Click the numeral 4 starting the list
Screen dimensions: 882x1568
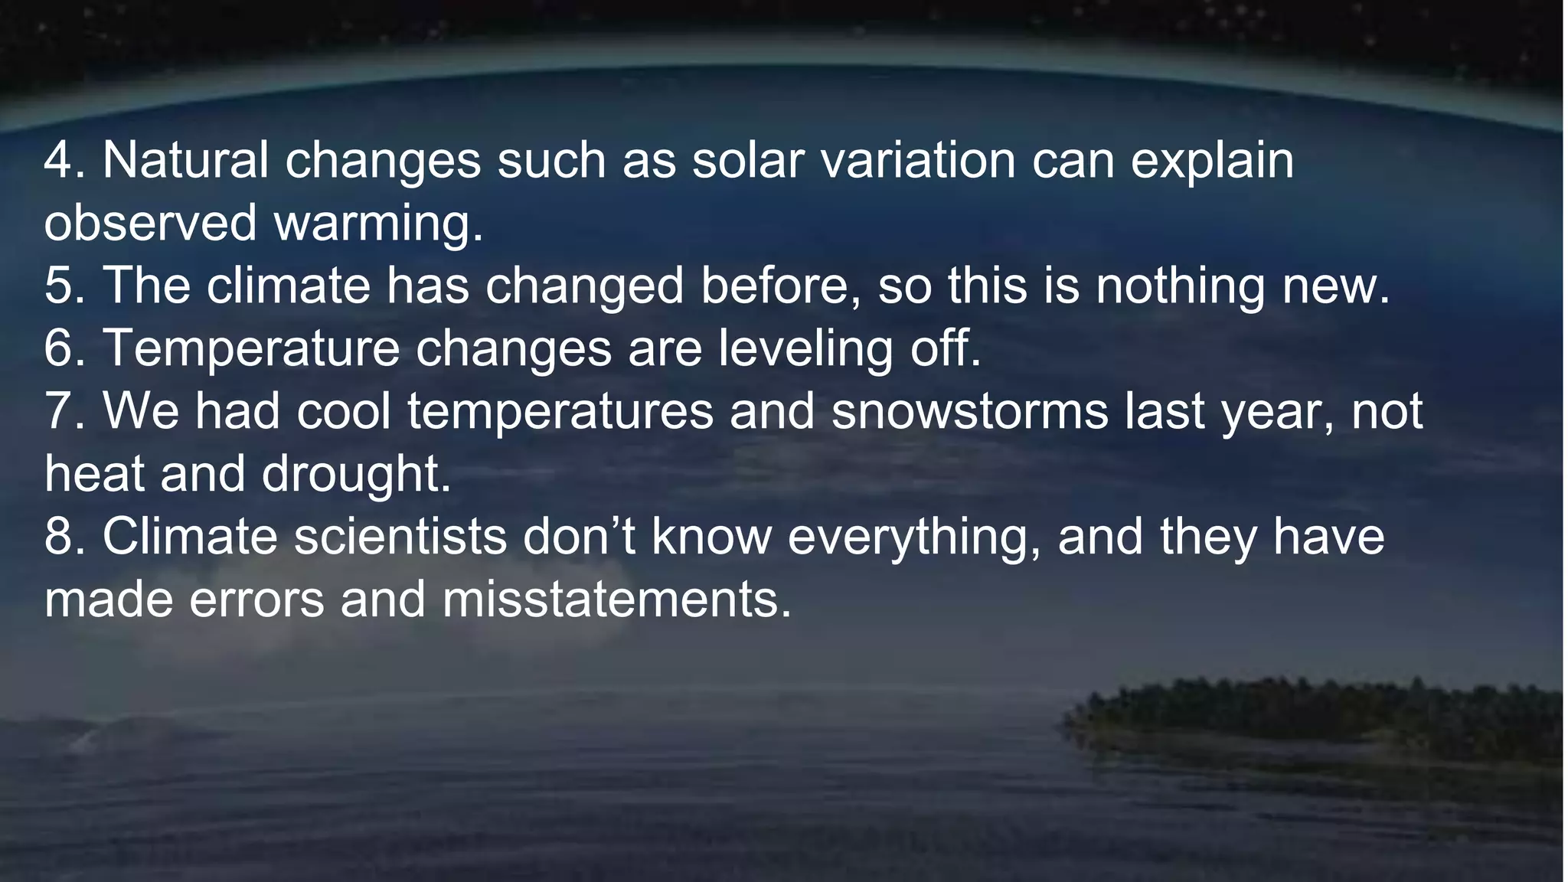(58, 161)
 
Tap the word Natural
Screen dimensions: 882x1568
(185, 161)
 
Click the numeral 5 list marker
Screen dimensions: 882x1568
(58, 286)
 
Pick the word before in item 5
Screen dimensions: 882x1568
(780, 286)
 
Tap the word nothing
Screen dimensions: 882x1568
(1180, 286)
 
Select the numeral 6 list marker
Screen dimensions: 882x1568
(58, 349)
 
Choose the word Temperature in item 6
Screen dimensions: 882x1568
(251, 349)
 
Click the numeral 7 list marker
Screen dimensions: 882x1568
(58, 412)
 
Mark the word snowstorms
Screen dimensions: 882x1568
(969, 412)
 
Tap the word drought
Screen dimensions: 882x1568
(356, 475)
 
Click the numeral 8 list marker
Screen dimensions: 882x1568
(58, 537)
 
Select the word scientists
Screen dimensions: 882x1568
(400, 537)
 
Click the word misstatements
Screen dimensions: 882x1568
(616, 600)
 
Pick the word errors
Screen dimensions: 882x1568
(256, 600)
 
